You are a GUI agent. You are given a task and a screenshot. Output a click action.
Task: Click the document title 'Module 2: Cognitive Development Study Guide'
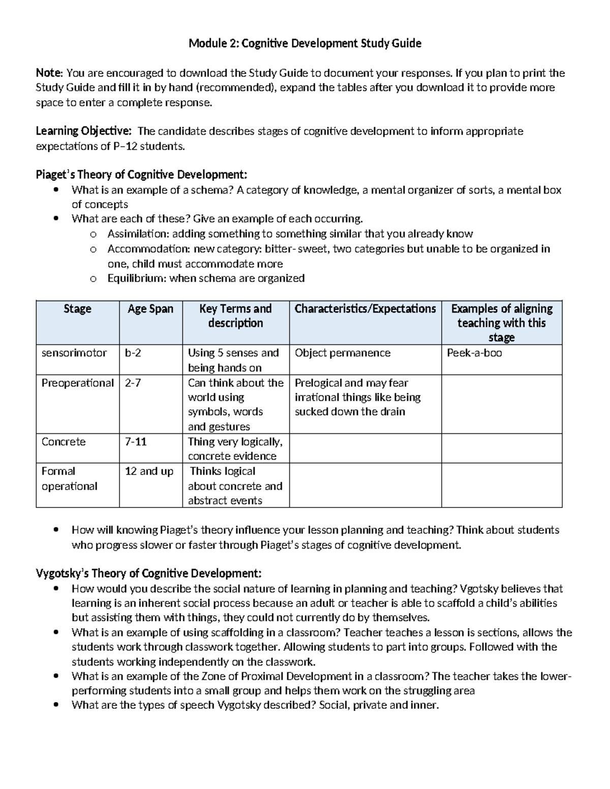coord(304,44)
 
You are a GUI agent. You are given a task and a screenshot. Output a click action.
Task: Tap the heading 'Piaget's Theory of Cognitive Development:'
coord(141,175)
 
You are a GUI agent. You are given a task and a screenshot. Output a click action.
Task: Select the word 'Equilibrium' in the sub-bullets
coord(136,278)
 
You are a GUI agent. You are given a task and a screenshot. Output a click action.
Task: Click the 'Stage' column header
coord(77,309)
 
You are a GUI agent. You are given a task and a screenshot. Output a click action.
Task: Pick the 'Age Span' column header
coord(150,309)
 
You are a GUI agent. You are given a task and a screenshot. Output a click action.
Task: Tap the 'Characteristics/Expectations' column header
coord(365,309)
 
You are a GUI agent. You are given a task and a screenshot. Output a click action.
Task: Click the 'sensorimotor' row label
coord(74,353)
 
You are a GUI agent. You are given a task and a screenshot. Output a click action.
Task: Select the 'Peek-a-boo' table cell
coord(474,353)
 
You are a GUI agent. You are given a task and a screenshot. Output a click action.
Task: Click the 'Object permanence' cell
coord(343,353)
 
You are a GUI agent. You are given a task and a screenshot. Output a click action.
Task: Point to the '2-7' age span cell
coord(133,383)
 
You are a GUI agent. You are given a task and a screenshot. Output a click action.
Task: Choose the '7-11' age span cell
coord(136,442)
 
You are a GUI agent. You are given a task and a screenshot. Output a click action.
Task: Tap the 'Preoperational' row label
coord(77,383)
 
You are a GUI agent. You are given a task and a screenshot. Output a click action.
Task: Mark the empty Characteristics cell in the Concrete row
coord(365,448)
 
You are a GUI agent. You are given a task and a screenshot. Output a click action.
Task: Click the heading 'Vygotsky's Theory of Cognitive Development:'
coord(149,574)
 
